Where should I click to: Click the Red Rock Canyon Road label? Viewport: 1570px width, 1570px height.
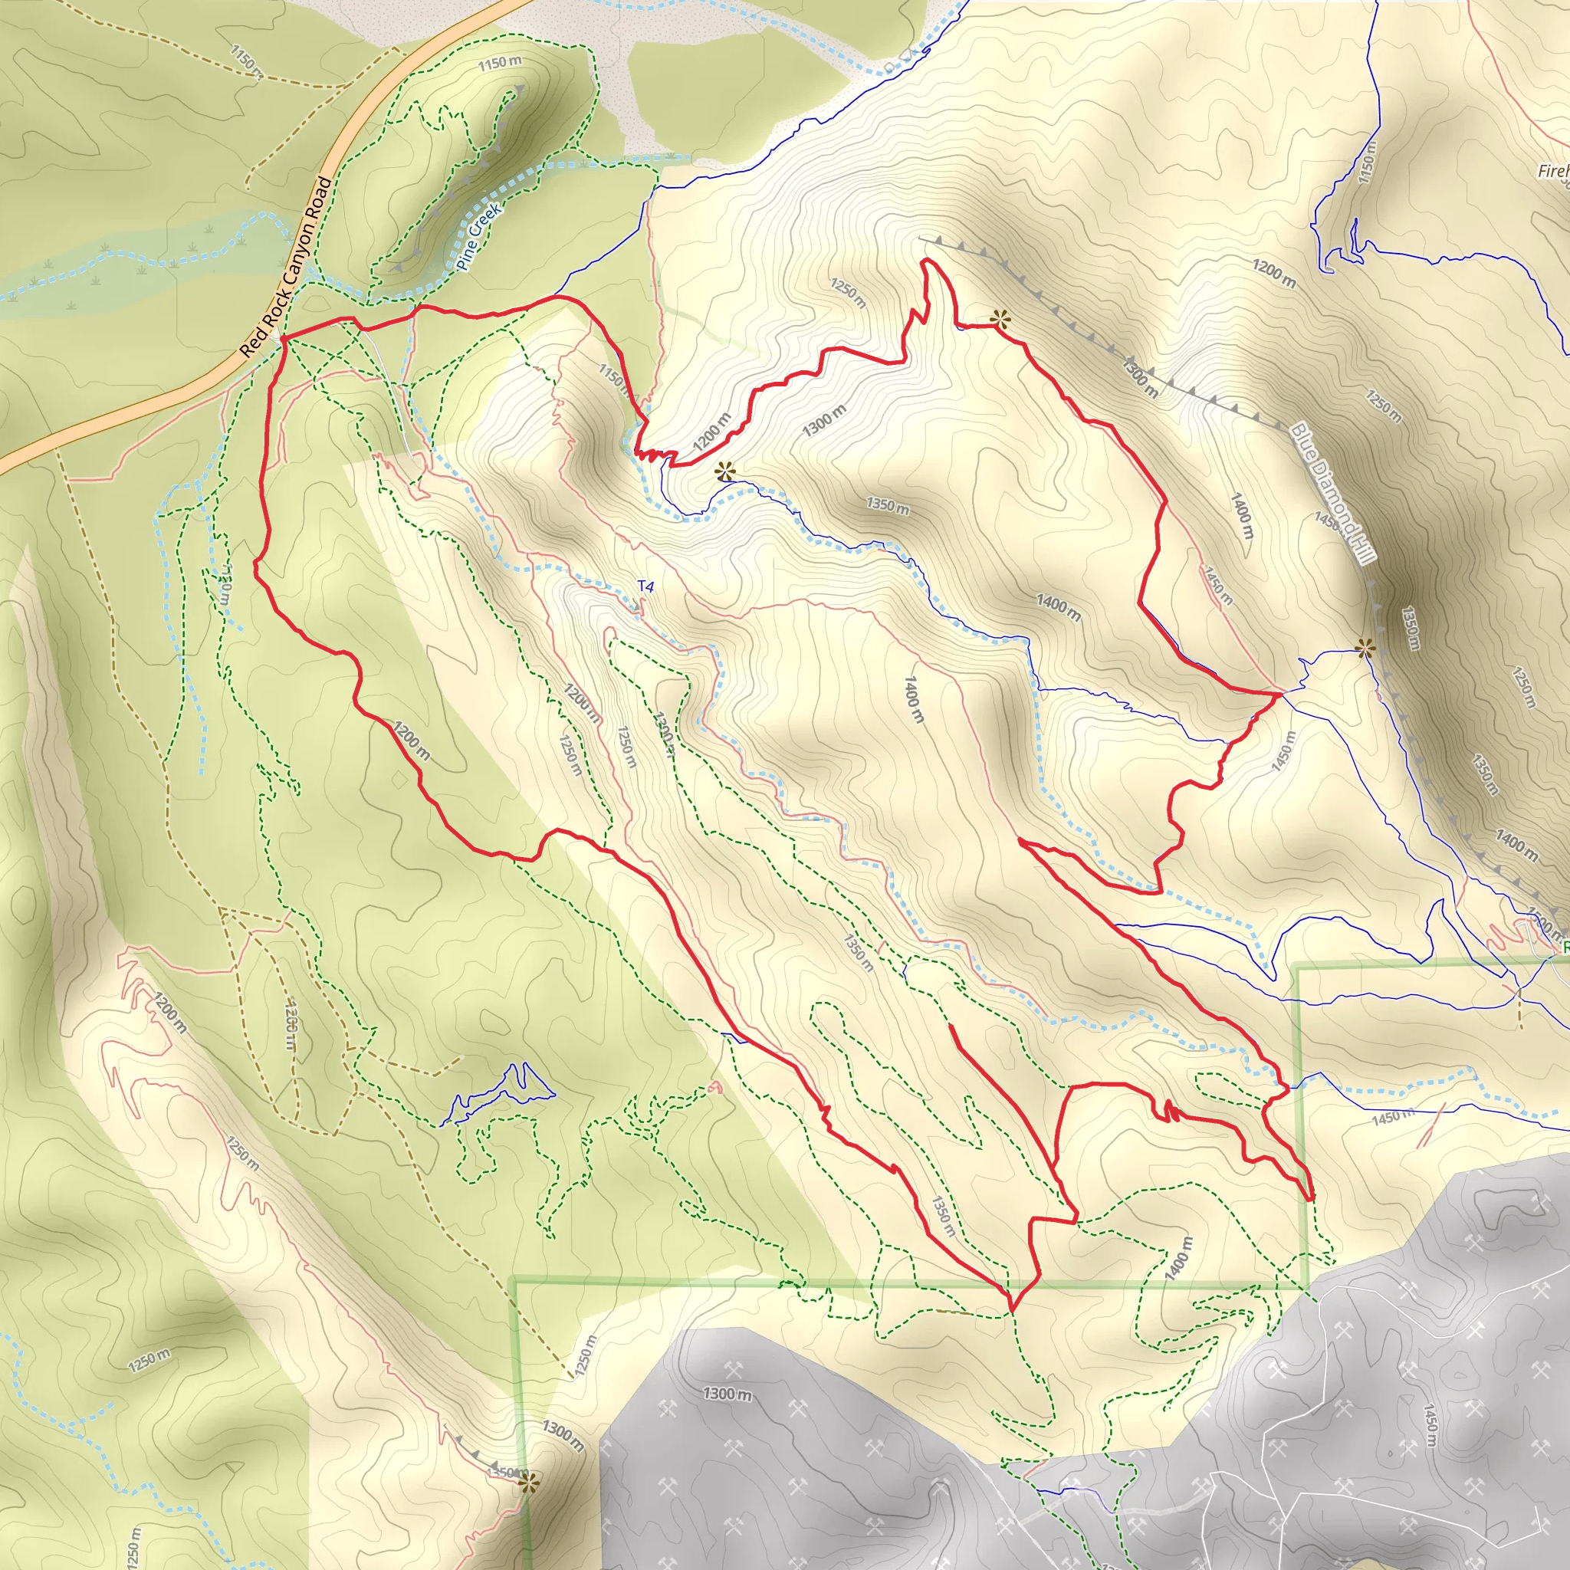[287, 268]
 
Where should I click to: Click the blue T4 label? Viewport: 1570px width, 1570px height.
[645, 586]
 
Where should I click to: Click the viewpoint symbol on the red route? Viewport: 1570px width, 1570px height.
[1000, 320]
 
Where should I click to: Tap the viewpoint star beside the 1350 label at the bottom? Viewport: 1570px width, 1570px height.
[528, 1483]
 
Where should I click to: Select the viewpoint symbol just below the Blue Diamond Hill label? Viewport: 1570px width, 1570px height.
[1365, 648]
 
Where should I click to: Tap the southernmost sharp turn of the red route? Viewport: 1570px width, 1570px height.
[1013, 1310]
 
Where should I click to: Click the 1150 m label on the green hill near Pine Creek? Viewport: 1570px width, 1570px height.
[500, 63]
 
